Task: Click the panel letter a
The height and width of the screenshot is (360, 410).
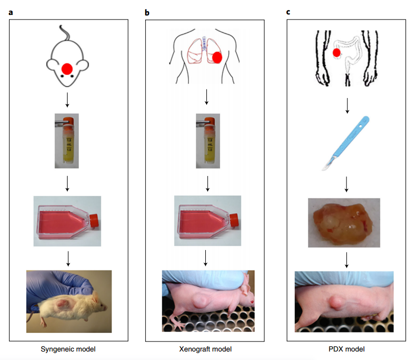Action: [11, 11]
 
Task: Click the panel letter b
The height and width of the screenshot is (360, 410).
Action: [147, 11]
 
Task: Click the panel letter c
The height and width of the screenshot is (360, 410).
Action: [288, 11]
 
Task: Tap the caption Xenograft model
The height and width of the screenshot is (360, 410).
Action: [205, 348]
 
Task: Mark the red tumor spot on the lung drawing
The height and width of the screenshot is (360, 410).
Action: [217, 57]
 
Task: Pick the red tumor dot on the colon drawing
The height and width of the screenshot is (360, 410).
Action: [337, 52]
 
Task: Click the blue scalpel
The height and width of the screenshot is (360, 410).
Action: [345, 142]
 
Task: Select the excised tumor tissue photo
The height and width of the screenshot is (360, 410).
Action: [343, 222]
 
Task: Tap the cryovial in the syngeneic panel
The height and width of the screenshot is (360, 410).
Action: [67, 140]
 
